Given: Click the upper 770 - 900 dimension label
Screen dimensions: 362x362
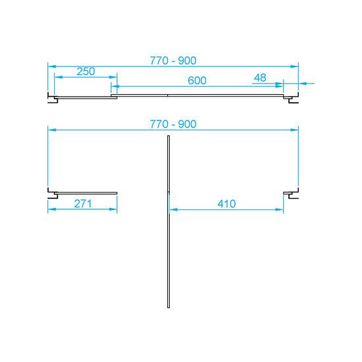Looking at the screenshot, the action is [173, 61].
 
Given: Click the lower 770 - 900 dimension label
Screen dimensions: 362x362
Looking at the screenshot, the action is [173, 124].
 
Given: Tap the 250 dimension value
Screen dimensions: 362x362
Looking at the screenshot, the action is [86, 71].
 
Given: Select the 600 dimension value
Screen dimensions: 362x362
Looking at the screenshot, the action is [197, 80].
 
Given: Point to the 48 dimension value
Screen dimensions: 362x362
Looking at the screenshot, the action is [260, 78].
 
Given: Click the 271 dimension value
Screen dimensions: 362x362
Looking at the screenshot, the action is [83, 203].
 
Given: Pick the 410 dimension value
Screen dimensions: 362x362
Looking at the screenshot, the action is [226, 204].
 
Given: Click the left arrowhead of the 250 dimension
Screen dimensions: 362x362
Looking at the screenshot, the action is [59, 77].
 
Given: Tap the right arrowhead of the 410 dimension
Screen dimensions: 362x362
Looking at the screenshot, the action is [279, 209].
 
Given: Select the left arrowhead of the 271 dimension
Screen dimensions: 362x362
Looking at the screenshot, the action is [52, 209].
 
